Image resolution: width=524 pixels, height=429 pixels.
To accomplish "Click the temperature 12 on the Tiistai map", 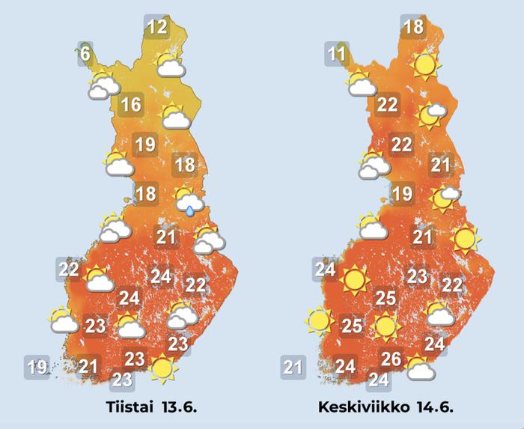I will click(x=156, y=28).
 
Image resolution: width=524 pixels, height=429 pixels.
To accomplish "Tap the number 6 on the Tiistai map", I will click(x=85, y=54).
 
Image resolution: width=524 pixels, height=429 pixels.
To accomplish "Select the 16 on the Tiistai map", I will click(x=131, y=105).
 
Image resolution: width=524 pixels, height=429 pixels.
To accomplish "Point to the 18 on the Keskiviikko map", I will click(x=413, y=28).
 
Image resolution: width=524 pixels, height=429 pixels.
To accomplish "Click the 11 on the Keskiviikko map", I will click(x=337, y=54).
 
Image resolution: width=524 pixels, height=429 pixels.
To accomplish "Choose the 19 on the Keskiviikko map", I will click(x=403, y=195).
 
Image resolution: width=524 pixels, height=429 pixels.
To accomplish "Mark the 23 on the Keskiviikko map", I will click(x=417, y=276).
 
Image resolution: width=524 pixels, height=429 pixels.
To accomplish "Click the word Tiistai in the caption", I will click(x=127, y=409).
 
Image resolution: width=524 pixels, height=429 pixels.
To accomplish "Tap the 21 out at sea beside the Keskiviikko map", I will click(x=293, y=367).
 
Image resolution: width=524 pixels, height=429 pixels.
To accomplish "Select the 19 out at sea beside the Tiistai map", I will click(x=37, y=367).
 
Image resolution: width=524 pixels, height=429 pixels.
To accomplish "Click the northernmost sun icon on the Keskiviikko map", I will click(x=424, y=67).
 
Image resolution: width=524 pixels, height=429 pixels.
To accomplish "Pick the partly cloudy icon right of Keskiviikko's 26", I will click(x=420, y=368).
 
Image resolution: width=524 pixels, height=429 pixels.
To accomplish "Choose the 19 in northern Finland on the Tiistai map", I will click(x=145, y=144).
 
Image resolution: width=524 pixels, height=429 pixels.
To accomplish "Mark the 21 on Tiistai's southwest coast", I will click(x=90, y=365).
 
